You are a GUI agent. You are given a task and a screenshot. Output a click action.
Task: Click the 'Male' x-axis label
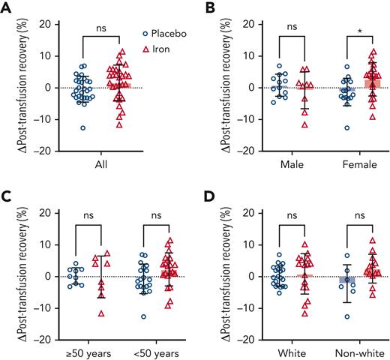pos(289,164)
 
